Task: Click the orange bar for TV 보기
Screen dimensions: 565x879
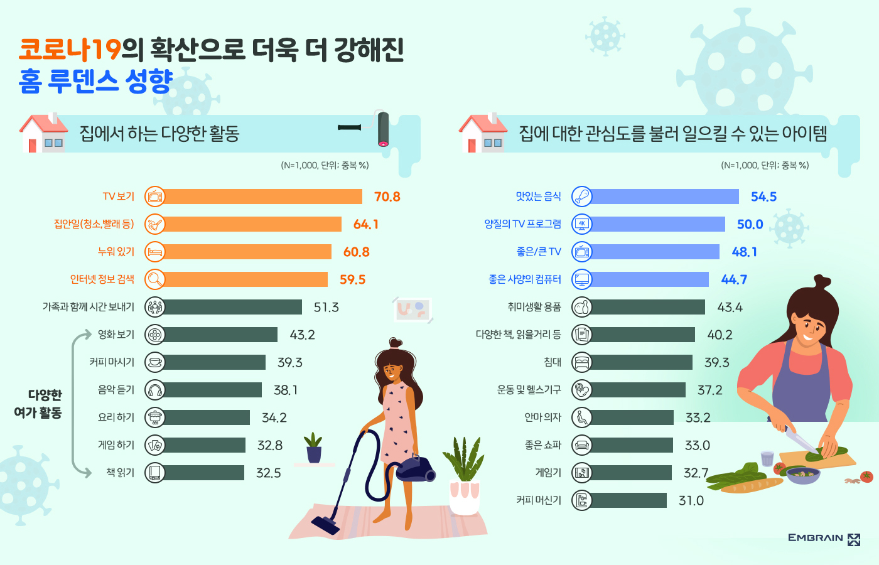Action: [262, 196]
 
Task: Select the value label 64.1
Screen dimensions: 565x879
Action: [365, 224]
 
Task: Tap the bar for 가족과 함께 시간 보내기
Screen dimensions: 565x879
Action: [232, 307]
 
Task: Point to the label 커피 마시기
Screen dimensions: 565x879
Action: [112, 362]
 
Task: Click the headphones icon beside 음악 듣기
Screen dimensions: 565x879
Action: [154, 390]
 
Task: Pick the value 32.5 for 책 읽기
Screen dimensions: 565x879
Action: [268, 473]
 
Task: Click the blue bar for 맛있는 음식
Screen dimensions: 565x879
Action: [664, 196]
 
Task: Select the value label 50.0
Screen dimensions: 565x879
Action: [750, 224]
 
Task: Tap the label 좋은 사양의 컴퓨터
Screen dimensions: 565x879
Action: [524, 279]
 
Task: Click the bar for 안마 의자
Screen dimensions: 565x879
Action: [632, 417]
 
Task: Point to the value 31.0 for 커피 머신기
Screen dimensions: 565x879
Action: [691, 500]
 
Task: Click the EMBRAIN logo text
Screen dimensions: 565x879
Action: [815, 538]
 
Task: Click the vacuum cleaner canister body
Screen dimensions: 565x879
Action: [414, 468]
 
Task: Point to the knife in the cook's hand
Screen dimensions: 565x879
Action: [801, 439]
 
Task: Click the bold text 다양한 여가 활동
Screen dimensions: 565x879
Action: [38, 404]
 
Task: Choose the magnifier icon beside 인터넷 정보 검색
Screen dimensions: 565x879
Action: [154, 279]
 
